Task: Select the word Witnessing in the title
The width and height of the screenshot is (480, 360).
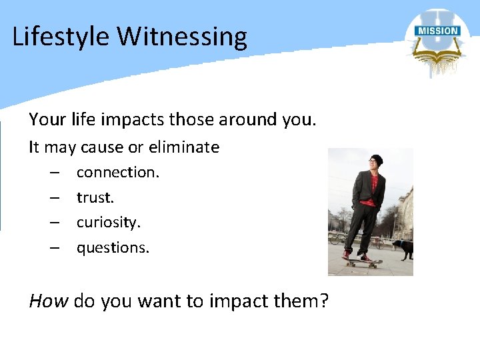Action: point(183,37)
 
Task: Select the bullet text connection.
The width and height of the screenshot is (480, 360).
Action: point(118,172)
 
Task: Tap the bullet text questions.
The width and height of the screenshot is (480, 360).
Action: point(113,248)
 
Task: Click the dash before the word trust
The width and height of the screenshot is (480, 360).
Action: point(53,197)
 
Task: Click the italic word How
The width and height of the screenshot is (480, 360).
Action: point(48,301)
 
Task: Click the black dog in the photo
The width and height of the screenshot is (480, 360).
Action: point(403,247)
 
